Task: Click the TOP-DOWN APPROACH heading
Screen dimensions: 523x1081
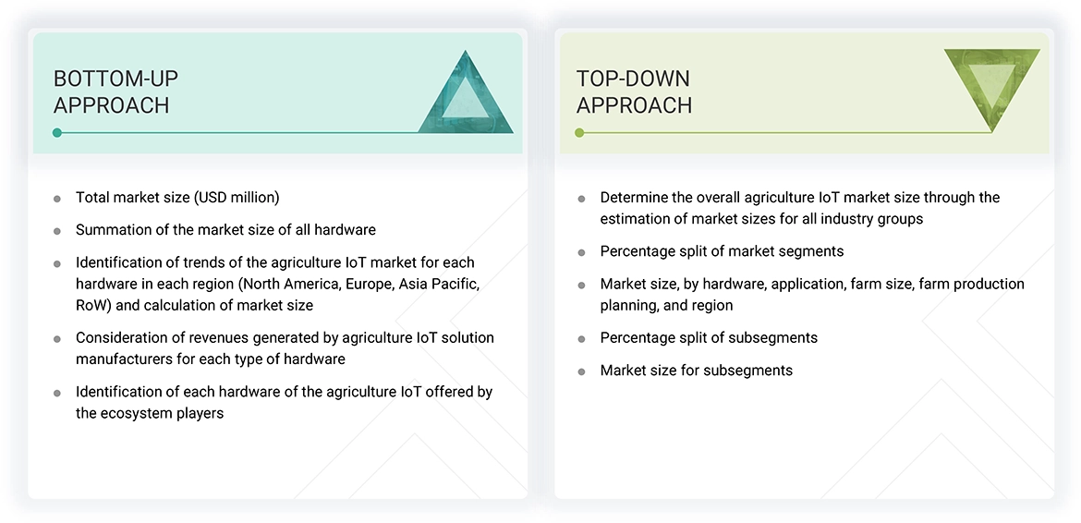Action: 634,91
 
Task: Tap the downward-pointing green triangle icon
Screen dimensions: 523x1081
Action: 990,86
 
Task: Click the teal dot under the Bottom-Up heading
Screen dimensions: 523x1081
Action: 57,133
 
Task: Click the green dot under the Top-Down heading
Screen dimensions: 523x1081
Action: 579,133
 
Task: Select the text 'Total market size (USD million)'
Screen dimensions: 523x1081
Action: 177,197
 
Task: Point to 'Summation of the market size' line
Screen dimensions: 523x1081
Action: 225,229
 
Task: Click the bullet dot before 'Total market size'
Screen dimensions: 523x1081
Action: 57,198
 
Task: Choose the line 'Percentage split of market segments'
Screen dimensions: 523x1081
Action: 722,251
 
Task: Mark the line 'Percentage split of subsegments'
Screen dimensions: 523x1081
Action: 709,337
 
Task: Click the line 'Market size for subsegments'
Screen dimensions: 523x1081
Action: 696,370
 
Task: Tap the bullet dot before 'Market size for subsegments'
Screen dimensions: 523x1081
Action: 581,371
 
